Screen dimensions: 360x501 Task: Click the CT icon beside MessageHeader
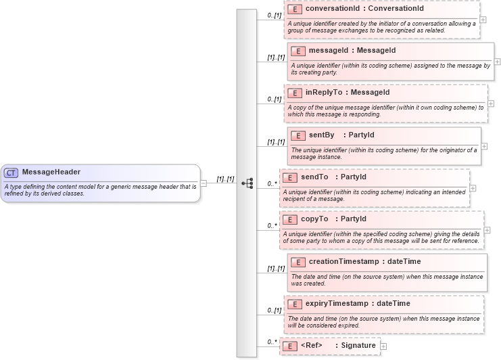[x=11, y=172]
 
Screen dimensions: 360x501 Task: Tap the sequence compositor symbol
[x=247, y=183]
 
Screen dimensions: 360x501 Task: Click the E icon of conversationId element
[x=294, y=9]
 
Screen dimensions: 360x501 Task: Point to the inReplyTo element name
[x=325, y=92]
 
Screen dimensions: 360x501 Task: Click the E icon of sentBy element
[x=297, y=135]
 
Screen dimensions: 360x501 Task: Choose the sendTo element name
[x=314, y=177]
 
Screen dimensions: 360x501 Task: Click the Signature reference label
[x=356, y=345]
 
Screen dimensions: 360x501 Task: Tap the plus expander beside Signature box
[x=384, y=346]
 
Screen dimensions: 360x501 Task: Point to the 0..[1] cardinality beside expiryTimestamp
[x=274, y=311]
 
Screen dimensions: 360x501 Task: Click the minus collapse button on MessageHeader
[x=204, y=183]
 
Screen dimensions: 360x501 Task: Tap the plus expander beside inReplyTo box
[x=491, y=104]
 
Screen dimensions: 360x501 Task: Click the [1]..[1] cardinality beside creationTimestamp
[x=275, y=269]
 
